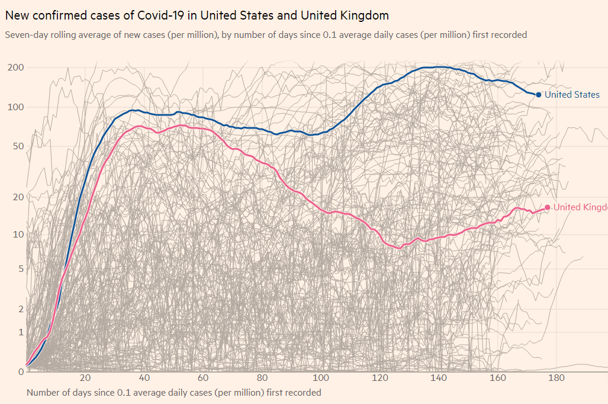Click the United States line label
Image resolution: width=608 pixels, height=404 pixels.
(x=572, y=95)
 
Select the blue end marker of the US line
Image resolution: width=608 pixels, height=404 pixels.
(x=538, y=95)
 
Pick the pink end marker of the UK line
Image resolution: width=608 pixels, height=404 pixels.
(x=547, y=207)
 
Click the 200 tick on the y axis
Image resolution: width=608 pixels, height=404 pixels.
(x=15, y=68)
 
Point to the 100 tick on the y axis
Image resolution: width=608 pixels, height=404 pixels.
(x=15, y=107)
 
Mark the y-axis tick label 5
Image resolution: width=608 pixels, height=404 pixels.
(x=20, y=269)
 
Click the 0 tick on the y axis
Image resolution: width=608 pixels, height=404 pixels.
(x=20, y=371)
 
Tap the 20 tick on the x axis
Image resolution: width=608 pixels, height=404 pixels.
(x=85, y=379)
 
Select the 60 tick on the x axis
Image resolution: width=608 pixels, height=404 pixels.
(x=203, y=379)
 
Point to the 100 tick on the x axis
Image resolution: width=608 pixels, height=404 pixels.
(x=321, y=379)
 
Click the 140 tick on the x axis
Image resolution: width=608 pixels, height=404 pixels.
(x=439, y=379)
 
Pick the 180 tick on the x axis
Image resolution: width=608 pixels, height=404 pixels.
(x=556, y=379)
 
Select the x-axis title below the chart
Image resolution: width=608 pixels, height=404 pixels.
(x=173, y=393)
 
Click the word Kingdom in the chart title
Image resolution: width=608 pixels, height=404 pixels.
(x=365, y=15)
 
